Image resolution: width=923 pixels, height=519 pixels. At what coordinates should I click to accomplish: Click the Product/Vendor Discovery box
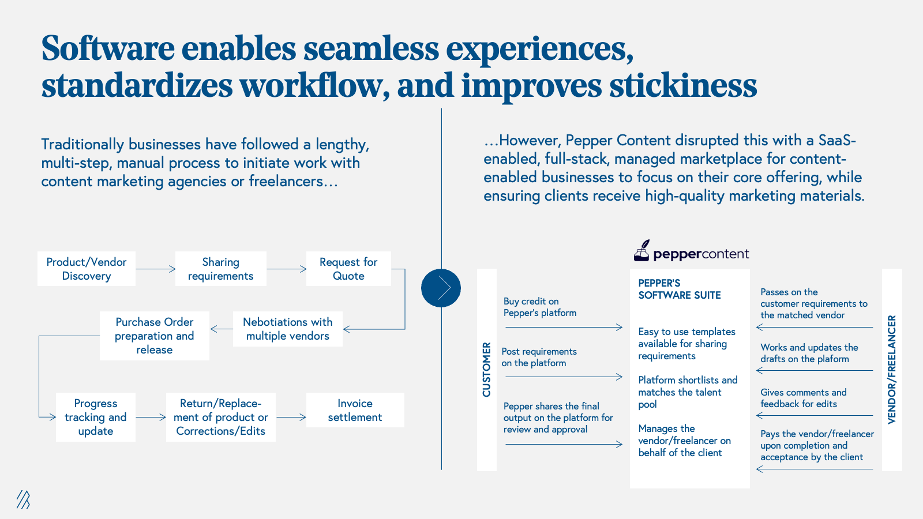tap(87, 269)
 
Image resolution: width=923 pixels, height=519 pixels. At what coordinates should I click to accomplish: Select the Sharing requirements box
tap(220, 269)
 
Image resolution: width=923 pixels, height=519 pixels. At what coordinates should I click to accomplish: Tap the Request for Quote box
tap(348, 269)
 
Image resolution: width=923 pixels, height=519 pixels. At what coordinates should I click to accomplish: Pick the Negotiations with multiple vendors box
tap(287, 329)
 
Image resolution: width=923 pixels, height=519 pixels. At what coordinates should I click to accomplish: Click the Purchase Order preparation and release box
tap(154, 336)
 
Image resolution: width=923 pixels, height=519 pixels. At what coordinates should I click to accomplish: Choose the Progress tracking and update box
tap(96, 417)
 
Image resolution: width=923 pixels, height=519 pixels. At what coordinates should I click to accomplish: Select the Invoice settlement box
tap(355, 410)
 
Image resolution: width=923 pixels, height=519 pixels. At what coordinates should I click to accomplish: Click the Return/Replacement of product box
tap(220, 417)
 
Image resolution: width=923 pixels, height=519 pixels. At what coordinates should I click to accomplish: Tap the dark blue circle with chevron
tap(441, 288)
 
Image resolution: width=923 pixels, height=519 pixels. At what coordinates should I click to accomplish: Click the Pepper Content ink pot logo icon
tap(641, 251)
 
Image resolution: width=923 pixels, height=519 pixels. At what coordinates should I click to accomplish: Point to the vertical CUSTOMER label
tap(487, 370)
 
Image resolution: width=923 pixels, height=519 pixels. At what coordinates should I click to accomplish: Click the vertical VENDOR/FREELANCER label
tap(892, 370)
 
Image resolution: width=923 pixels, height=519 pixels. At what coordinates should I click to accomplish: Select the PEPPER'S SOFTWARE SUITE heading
tap(679, 289)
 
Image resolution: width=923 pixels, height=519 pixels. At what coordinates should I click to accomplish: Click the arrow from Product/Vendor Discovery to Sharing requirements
tap(156, 269)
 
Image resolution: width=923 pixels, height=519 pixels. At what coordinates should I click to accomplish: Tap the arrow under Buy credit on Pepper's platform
tap(564, 328)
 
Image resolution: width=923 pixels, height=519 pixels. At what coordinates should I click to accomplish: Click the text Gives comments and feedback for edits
tap(803, 398)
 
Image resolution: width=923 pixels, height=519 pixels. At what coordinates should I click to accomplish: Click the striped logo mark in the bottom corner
tap(23, 499)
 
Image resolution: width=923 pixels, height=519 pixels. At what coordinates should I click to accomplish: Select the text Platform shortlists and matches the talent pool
tap(687, 392)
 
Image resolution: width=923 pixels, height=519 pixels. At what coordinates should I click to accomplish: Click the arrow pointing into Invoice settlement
tap(291, 417)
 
